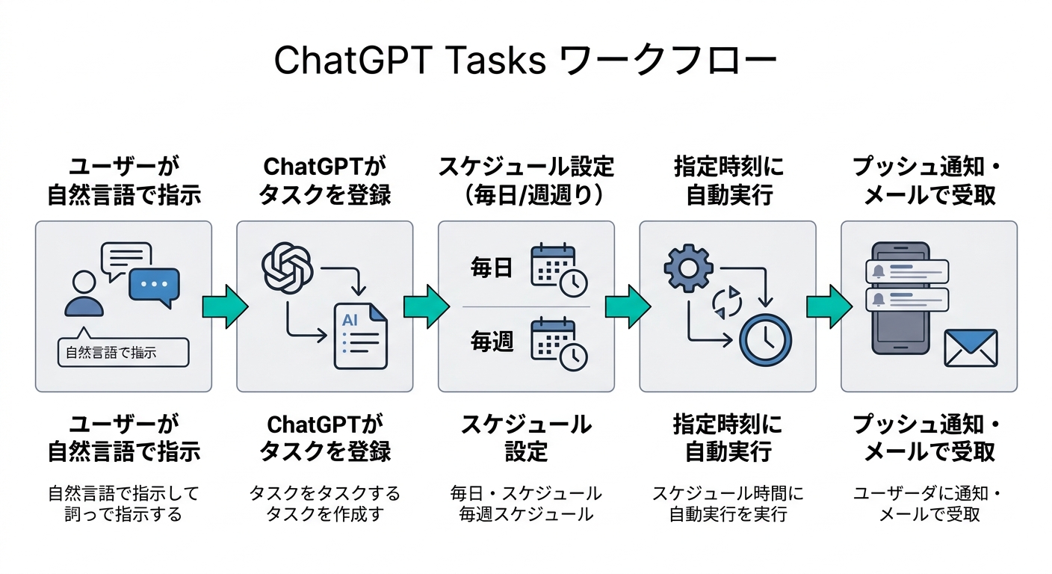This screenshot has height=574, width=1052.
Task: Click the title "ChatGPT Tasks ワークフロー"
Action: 525,62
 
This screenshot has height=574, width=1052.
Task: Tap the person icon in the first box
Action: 84,293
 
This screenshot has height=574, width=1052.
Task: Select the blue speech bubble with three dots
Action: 154,286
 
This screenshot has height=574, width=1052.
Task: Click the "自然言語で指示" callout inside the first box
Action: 123,352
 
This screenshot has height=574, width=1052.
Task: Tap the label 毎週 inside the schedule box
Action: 492,342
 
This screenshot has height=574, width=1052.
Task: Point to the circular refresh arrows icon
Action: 725,302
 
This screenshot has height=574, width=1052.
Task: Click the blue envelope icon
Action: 971,348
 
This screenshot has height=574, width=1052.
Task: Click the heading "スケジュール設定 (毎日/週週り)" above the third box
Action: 526,181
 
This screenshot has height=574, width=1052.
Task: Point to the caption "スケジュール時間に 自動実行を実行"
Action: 728,504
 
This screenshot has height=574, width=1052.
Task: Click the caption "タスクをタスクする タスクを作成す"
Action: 324,504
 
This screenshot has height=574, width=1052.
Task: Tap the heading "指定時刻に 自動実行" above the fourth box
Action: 728,181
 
